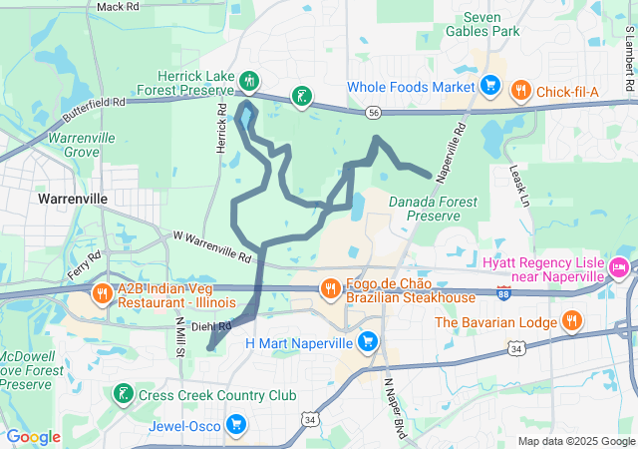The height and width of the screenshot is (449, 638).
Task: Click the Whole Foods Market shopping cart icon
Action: [x=489, y=86]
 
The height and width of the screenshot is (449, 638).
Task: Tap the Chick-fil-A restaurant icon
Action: [x=520, y=92]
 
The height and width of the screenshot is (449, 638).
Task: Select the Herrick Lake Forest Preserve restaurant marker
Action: [x=250, y=80]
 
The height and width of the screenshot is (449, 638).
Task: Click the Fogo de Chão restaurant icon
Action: [x=330, y=289]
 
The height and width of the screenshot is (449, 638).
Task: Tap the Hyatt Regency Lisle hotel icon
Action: [x=618, y=268]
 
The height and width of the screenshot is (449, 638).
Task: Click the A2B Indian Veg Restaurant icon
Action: [x=102, y=293]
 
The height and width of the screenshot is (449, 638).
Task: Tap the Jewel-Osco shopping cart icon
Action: [x=236, y=426]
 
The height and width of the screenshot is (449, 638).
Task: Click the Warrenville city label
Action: [x=72, y=199]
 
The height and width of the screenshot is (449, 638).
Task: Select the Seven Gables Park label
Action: [x=492, y=24]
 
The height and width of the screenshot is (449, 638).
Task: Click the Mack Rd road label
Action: [x=118, y=7]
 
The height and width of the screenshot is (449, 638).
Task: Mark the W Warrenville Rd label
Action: [x=212, y=248]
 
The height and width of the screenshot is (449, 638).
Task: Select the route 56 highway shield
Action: [x=372, y=113]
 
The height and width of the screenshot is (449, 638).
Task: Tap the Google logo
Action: [x=33, y=436]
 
